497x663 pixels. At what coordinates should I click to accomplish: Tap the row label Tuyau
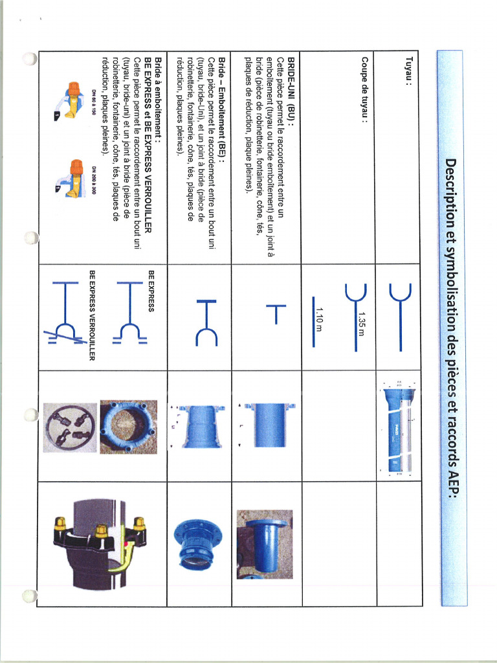[408, 73]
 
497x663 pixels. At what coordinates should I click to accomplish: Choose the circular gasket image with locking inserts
[70, 427]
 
